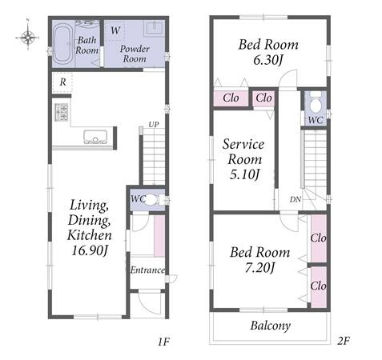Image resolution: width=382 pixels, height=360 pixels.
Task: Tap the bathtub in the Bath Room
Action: coord(62,44)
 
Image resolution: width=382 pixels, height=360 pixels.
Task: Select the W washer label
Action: coord(115,30)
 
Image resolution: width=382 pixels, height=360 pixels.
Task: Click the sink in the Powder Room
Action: coord(154,28)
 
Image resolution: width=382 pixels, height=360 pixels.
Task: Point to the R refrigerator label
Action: coord(62,82)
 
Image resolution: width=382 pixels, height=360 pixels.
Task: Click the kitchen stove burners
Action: coord(61,112)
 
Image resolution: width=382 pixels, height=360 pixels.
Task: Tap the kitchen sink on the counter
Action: coord(95,137)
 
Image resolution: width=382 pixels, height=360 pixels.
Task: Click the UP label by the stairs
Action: coord(154,125)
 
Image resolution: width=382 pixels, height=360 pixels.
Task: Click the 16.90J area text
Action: coord(90,250)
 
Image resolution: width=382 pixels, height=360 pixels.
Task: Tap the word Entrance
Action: coord(147,270)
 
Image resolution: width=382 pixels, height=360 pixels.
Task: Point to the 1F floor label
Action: coord(163,342)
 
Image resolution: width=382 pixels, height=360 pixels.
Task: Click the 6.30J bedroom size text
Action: coord(267,60)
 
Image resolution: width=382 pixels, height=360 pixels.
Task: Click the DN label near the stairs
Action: coord(296,199)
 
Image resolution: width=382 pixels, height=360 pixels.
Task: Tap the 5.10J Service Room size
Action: coord(244,174)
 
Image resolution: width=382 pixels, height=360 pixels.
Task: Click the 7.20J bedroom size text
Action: coord(259,268)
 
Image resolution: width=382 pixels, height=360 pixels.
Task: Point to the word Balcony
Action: coord(270,326)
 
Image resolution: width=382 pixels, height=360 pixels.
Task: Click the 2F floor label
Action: coord(343,341)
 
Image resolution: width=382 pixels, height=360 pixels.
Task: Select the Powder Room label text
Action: coord(135,54)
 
